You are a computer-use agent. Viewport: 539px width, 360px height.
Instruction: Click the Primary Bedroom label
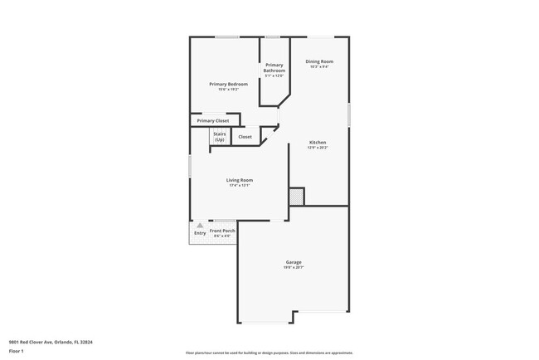[228, 85]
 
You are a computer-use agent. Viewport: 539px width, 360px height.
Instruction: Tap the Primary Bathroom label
[274, 69]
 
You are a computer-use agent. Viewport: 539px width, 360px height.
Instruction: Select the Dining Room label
[318, 61]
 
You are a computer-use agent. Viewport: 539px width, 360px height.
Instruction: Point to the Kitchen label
[318, 143]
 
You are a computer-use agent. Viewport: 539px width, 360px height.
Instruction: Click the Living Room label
[240, 180]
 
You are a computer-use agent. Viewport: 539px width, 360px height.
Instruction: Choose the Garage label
[293, 262]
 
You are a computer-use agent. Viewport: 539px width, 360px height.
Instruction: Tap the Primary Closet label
[213, 121]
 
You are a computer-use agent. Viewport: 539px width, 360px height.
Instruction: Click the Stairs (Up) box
[220, 137]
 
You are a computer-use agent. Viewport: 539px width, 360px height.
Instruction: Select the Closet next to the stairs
[245, 137]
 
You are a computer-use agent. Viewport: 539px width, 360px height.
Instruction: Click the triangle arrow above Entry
[200, 225]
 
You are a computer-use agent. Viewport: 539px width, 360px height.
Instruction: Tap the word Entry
[200, 233]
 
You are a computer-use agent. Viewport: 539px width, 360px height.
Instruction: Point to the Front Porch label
[222, 230]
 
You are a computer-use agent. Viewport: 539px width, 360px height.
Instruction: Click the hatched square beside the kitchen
[296, 197]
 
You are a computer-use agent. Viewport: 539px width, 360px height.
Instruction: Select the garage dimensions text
[293, 268]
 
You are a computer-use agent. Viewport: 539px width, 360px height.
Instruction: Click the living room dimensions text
[240, 185]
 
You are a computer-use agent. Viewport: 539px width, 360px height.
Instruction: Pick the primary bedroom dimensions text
[228, 90]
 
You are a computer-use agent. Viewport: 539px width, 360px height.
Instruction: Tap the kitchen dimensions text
[318, 148]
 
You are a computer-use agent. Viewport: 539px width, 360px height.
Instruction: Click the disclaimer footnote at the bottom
[269, 352]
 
